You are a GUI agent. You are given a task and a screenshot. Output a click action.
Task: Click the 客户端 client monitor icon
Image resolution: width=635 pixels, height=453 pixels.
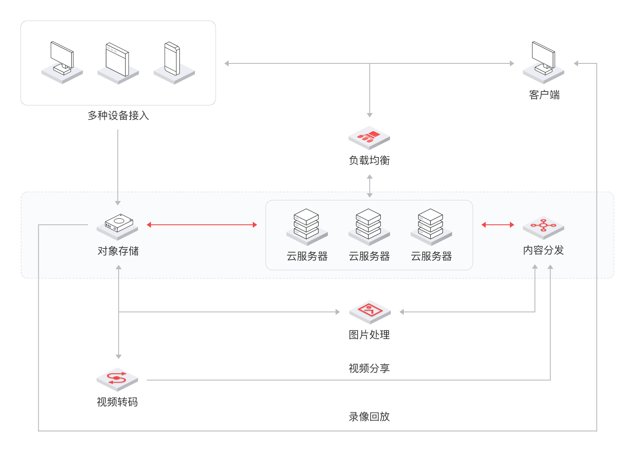544,63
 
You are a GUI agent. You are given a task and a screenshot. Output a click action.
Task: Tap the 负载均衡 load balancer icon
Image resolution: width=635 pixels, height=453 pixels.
369,138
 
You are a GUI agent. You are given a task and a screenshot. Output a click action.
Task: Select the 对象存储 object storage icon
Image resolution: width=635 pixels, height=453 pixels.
117,226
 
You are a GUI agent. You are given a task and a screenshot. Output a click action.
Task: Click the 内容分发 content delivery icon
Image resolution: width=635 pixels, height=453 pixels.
544,226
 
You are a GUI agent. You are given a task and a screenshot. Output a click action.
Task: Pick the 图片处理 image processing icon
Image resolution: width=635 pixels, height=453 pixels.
370,311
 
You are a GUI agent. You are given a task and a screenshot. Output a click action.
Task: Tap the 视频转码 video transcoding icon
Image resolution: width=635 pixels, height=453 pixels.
117,379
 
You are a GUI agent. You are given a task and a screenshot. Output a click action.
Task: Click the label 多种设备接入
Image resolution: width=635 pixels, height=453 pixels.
118,116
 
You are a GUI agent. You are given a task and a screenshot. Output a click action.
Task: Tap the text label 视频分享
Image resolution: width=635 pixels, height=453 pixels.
369,368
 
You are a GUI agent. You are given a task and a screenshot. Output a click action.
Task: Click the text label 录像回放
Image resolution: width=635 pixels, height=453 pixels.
369,417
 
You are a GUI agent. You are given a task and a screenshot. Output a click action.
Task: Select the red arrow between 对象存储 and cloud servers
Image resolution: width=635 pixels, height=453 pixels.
202,225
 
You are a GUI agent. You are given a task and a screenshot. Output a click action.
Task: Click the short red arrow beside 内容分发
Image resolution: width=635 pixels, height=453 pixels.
498,225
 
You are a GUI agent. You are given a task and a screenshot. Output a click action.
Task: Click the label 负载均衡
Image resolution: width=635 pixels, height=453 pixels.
369,160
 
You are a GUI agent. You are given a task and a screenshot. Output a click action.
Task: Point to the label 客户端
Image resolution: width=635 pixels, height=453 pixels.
544,95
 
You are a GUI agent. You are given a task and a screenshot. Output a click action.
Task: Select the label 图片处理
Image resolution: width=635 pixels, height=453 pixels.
369,335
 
